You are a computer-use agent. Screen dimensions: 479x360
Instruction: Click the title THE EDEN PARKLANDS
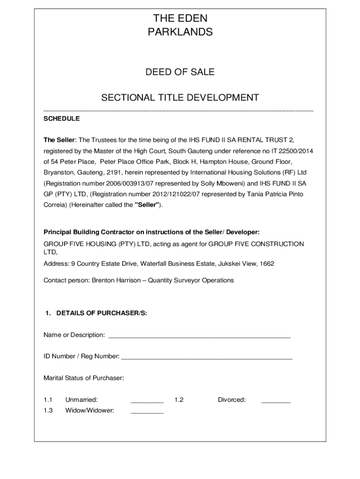click(x=180, y=25)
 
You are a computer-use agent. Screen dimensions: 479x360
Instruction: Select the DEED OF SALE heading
click(x=180, y=72)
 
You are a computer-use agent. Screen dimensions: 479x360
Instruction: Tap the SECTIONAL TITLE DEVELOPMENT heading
click(x=180, y=98)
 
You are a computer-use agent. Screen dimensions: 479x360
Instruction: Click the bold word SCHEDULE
click(x=62, y=119)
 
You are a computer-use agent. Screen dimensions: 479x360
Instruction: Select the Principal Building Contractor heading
click(x=151, y=232)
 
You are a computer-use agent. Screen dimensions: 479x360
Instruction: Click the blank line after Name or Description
click(x=199, y=336)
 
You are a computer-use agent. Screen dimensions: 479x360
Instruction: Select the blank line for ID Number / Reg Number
click(x=207, y=357)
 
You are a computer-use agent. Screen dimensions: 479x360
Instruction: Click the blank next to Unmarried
click(x=147, y=401)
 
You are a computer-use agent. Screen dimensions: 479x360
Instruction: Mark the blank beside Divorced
click(x=276, y=401)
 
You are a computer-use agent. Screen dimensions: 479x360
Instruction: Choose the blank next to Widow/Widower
click(x=147, y=412)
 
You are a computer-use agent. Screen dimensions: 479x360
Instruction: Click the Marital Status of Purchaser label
click(x=84, y=378)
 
